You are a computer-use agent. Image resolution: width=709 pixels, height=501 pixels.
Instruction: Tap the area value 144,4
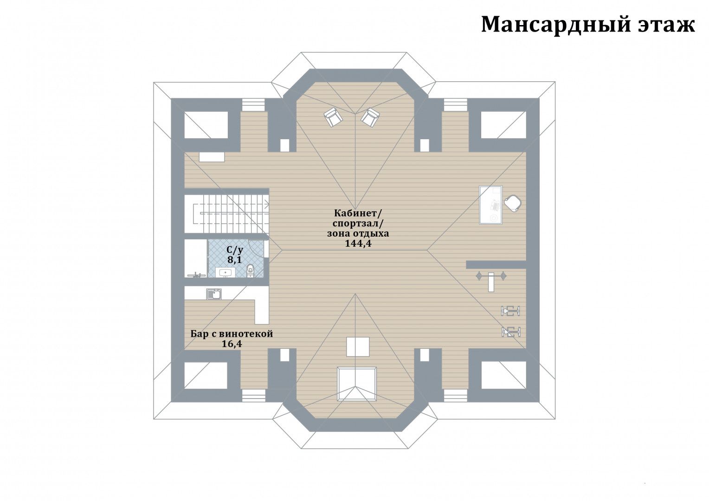pos(358,244)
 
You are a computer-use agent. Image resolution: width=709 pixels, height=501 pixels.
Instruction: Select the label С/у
pos(235,250)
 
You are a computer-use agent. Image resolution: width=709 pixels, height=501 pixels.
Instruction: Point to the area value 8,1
pos(234,260)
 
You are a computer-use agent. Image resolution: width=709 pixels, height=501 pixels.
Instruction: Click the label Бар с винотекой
pos(232,334)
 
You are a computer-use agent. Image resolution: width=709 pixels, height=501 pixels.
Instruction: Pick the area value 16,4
pos(232,344)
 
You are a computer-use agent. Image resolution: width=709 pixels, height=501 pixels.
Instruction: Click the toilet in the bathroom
pos(251,270)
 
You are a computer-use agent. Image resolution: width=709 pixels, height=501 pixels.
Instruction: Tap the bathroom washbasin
pos(226,272)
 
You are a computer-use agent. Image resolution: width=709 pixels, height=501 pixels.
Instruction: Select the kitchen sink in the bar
pos(214,294)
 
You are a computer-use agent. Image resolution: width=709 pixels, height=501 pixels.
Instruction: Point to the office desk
pos(491,205)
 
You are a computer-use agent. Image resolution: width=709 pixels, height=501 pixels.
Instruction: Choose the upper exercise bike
pos(510,311)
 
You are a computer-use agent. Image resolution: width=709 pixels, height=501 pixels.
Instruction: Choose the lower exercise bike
pos(511,332)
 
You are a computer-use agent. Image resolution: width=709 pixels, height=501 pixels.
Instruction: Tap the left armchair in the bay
pos(333,117)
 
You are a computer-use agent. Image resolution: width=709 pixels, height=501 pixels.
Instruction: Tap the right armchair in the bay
pos(370,117)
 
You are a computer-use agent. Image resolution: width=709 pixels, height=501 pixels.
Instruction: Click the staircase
pos(226,214)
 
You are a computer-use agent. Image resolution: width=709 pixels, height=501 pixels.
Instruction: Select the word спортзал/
pos(358,224)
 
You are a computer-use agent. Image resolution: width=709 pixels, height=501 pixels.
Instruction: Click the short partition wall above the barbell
pos(496,264)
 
